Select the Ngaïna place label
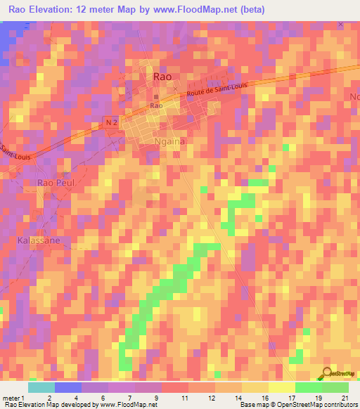click(169, 141)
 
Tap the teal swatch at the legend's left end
click(41, 387)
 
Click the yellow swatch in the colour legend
click(281, 387)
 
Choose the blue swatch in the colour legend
click(67, 387)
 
